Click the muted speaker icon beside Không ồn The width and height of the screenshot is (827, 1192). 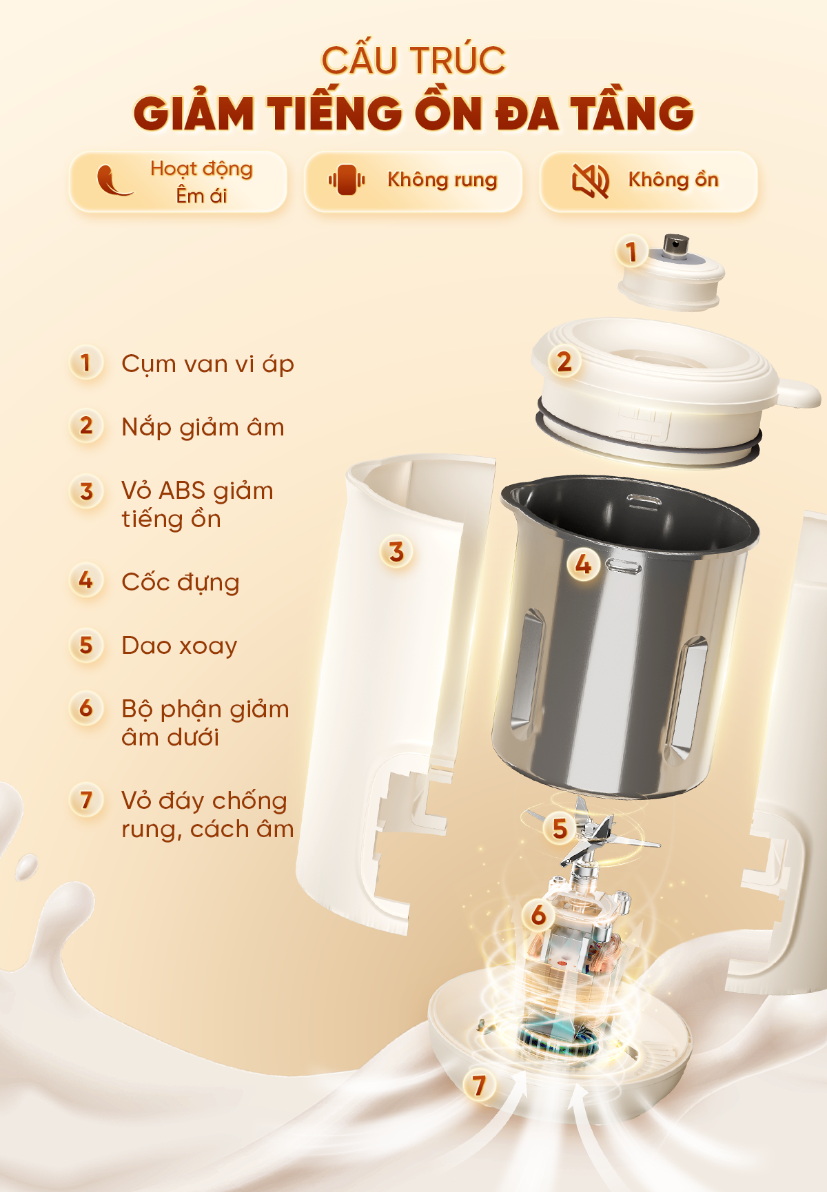[591, 181]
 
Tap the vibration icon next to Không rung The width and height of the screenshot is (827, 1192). [347, 180]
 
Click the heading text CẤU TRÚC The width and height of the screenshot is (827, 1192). [413, 61]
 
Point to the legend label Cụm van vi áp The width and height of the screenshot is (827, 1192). [207, 364]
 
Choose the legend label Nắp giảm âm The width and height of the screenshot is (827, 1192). [203, 427]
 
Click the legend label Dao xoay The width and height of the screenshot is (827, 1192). [179, 646]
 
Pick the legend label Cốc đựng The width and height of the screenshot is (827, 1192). [181, 582]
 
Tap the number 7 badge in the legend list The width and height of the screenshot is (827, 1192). [86, 801]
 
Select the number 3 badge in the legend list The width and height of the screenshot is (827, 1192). [86, 491]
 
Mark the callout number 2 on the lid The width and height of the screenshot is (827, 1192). [564, 362]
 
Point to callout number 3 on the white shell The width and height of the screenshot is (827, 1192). [396, 552]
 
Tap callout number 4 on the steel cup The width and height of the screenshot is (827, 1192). [583, 565]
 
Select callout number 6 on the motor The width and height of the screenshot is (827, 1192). [538, 915]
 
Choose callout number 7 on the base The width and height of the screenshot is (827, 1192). [479, 1086]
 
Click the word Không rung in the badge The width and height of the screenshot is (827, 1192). [442, 180]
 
